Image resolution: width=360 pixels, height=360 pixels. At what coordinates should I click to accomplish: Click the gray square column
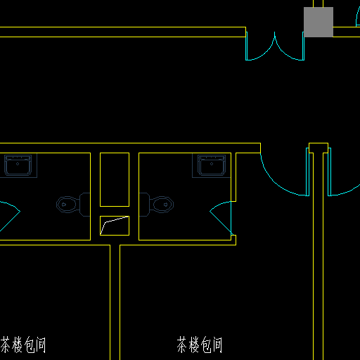coord(319,22)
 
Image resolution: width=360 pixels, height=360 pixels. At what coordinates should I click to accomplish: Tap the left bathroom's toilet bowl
coord(67,205)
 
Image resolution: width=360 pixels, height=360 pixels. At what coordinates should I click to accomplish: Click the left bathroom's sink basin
coord(18,165)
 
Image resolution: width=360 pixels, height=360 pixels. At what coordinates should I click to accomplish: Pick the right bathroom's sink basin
coord(212,165)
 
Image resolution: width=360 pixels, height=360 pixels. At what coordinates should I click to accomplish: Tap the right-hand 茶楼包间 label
coord(200,345)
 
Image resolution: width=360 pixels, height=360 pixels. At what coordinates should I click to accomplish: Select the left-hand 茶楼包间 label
coord(23,345)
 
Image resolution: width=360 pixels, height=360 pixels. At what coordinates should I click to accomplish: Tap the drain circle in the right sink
coord(212,164)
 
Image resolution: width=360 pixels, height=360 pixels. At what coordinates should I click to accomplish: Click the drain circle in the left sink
coord(18,164)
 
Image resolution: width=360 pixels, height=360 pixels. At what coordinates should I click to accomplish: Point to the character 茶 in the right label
coord(181,345)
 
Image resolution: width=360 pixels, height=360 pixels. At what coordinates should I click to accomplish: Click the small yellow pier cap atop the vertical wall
coord(319,148)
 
